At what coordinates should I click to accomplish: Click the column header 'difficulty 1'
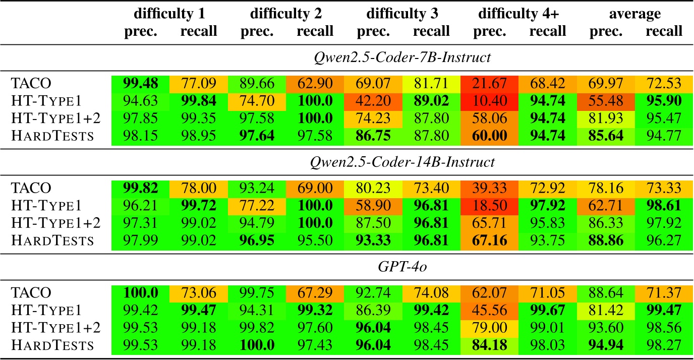(x=171, y=14)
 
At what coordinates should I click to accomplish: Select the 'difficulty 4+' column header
(x=519, y=14)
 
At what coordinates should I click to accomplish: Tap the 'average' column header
(x=635, y=14)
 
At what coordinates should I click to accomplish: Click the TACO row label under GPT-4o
(x=31, y=293)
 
